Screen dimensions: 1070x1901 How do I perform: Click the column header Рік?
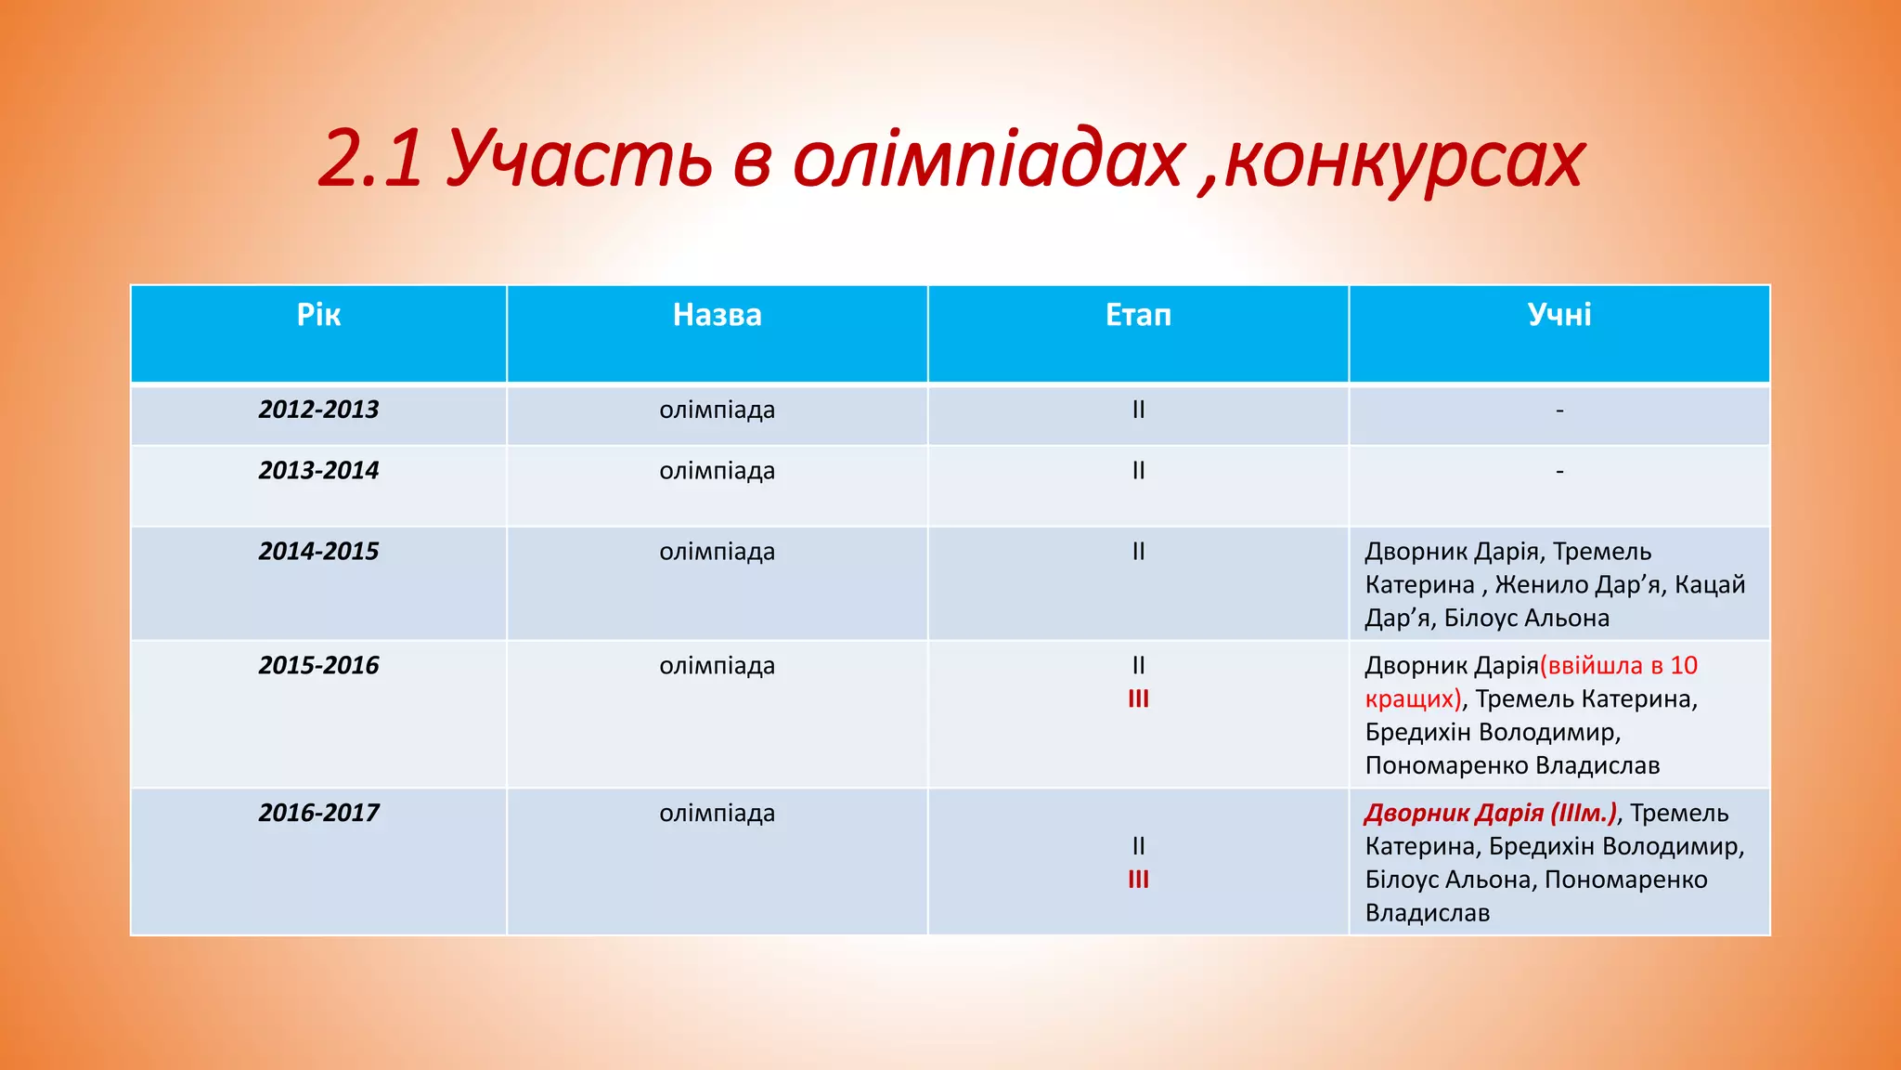(318, 315)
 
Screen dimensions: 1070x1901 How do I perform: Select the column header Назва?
(717, 315)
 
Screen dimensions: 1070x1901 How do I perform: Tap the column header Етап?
(1138, 315)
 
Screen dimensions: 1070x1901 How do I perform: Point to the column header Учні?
(1558, 315)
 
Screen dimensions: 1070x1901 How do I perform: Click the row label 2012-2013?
(318, 410)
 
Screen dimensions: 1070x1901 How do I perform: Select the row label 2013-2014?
(318, 471)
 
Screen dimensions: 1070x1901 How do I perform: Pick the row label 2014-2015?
(318, 552)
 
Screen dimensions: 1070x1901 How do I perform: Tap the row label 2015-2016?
(318, 666)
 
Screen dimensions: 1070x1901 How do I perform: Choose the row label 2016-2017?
(318, 814)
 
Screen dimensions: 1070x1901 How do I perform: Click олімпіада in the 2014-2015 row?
(717, 552)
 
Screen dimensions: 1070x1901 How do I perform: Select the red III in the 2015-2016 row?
(1138, 699)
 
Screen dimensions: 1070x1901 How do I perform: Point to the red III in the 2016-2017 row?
(1138, 880)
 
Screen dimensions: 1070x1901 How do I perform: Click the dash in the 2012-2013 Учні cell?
(1559, 410)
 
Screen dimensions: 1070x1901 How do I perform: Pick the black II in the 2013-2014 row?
(1138, 471)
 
